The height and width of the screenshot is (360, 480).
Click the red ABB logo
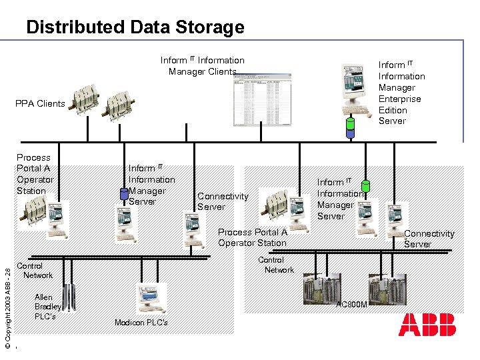(x=427, y=325)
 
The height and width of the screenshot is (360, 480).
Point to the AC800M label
(x=351, y=305)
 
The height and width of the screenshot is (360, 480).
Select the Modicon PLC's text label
(x=141, y=323)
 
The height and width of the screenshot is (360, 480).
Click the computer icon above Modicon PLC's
(x=151, y=299)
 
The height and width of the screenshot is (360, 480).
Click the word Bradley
(x=48, y=307)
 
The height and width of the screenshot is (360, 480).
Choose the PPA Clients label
(x=41, y=103)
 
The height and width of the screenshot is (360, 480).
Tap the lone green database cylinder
(x=365, y=186)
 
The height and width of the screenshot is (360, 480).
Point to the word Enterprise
(x=399, y=99)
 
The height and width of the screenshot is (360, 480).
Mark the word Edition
(x=393, y=110)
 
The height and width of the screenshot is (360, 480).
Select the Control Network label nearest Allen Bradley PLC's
(x=37, y=270)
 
